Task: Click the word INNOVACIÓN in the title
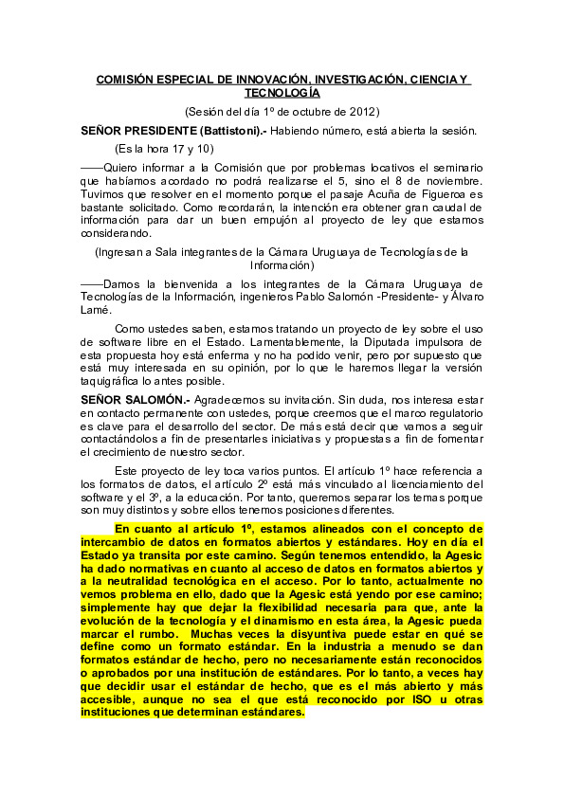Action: [254, 81]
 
